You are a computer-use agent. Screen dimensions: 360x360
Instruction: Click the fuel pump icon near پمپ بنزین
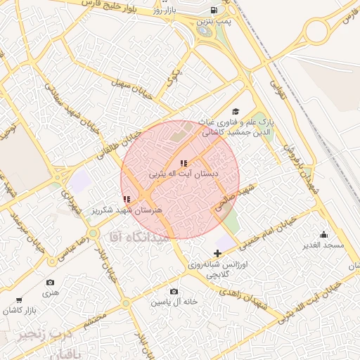(213, 11)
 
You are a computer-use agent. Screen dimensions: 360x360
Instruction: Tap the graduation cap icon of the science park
(235, 111)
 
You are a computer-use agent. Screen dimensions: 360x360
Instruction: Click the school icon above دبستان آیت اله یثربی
(184, 163)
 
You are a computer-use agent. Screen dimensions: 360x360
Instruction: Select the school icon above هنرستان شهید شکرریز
(127, 200)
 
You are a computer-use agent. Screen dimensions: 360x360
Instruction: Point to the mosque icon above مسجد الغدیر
(323, 234)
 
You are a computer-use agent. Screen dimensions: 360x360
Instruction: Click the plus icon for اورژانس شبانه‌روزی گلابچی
(217, 253)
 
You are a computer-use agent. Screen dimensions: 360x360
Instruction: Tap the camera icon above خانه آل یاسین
(174, 291)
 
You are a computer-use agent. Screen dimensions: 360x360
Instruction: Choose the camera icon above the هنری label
(49, 283)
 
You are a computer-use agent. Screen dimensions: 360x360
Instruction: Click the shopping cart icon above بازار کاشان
(18, 301)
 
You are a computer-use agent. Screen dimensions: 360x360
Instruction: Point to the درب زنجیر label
(43, 335)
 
